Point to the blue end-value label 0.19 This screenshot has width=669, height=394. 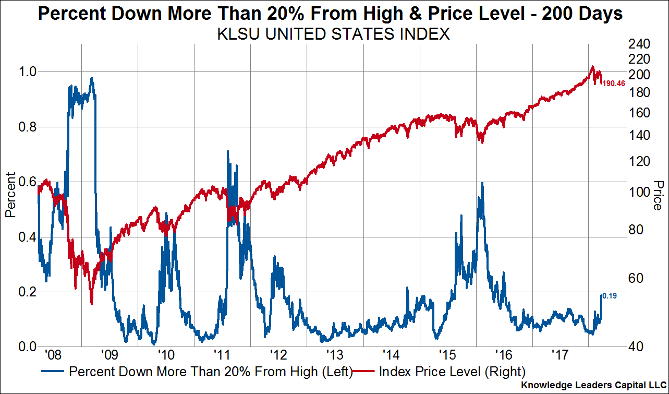pyautogui.click(x=610, y=296)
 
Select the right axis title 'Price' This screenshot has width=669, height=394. pyautogui.click(x=657, y=195)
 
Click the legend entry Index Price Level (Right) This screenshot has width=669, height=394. pyautogui.click(x=452, y=372)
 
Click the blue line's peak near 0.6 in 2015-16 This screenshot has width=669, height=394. pyautogui.click(x=482, y=183)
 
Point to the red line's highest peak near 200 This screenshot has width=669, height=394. pyautogui.click(x=592, y=67)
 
